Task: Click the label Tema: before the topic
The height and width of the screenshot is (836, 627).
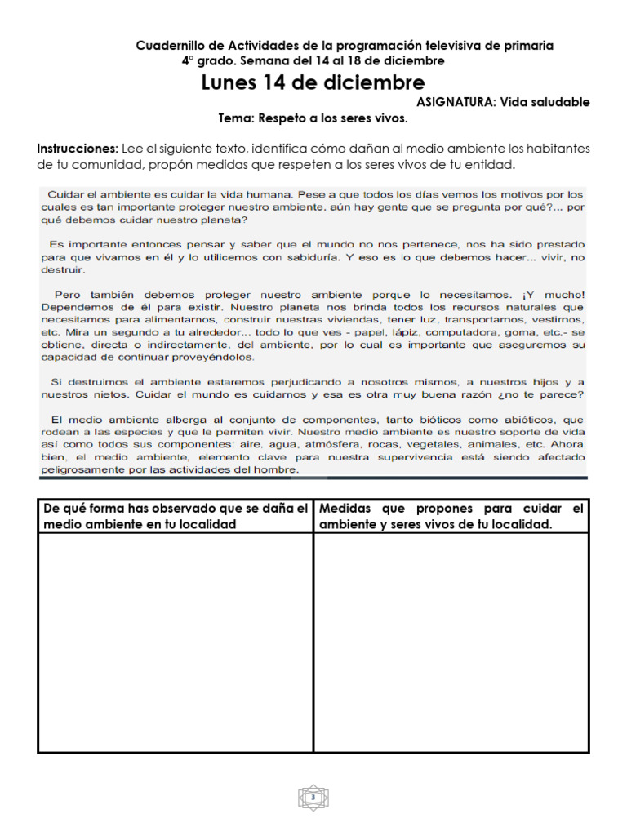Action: [237, 118]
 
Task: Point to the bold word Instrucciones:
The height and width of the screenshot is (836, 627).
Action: [78, 149]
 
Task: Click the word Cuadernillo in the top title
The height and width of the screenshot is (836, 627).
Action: [172, 46]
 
